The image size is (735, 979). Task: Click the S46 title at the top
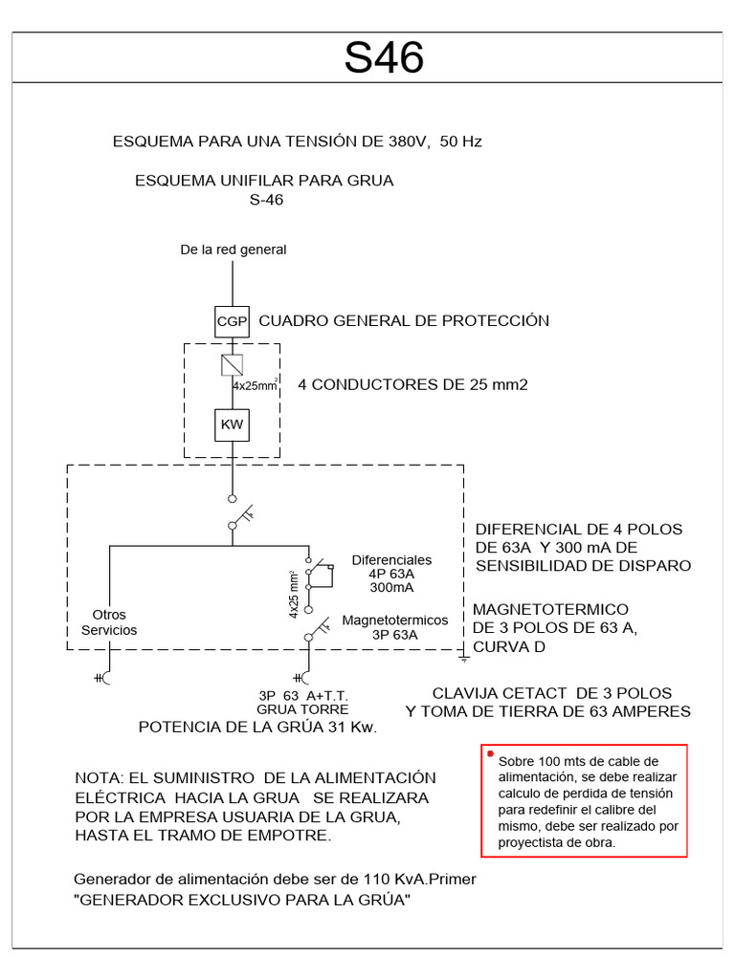(x=384, y=59)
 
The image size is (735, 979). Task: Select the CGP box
(x=232, y=321)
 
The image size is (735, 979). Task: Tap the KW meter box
(x=232, y=424)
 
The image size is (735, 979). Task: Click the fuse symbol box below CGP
(x=232, y=365)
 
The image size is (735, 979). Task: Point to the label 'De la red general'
(x=234, y=250)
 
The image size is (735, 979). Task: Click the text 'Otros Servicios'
(x=109, y=622)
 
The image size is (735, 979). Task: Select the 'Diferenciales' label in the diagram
(x=391, y=559)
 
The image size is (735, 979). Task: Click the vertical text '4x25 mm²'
(x=295, y=594)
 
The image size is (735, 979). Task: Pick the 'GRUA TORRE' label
(x=302, y=709)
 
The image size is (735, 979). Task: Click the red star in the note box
(x=491, y=755)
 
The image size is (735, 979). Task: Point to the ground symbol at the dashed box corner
(x=464, y=659)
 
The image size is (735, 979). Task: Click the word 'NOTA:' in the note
(x=99, y=778)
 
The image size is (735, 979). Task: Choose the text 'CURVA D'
(x=514, y=647)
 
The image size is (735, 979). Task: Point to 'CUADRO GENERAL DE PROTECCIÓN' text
(x=404, y=320)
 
